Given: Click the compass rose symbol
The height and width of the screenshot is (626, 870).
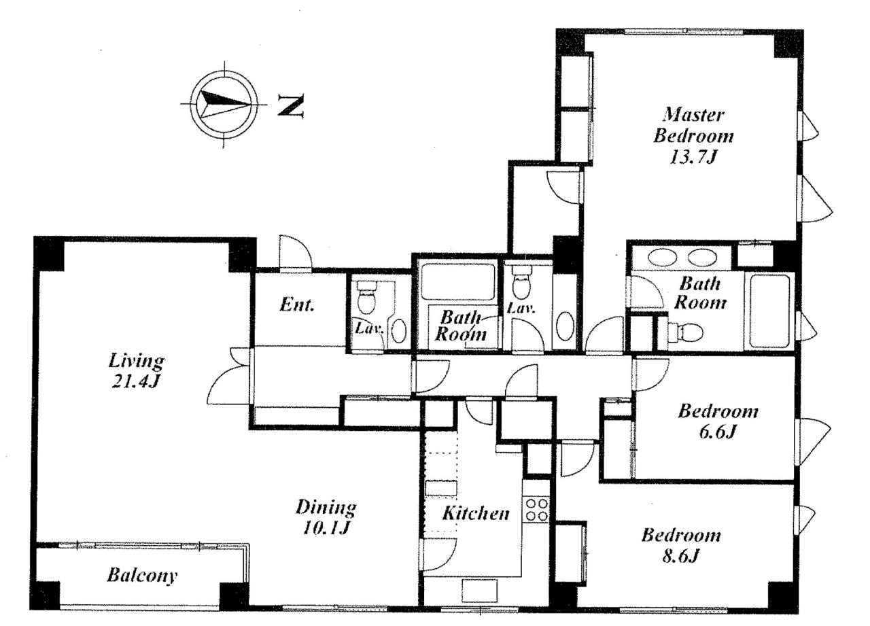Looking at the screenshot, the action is [x=224, y=105].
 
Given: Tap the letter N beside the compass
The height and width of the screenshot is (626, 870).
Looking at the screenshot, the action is [x=290, y=105].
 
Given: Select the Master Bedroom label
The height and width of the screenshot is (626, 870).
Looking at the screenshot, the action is [x=693, y=136].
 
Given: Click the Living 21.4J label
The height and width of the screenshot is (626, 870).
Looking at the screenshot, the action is [x=136, y=370].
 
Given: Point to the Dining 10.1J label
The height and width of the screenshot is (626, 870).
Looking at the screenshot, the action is [x=326, y=518].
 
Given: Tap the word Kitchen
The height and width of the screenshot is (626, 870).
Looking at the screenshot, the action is [x=476, y=513].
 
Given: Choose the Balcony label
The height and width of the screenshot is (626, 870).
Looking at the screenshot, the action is [x=142, y=576].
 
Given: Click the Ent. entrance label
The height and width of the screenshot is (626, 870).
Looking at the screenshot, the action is [x=297, y=305].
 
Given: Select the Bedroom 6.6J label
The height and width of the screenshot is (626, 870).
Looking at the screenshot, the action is [x=718, y=421].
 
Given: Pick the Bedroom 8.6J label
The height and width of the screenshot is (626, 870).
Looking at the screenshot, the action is [x=681, y=545].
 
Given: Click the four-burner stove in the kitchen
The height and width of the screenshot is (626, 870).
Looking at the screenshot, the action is [x=536, y=510].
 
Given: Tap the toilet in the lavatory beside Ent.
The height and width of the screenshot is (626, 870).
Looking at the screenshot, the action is [x=366, y=298].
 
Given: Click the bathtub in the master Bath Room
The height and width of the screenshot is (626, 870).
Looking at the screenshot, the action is [x=769, y=311].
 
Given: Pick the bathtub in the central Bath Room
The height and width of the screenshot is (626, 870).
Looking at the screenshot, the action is [x=457, y=282].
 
